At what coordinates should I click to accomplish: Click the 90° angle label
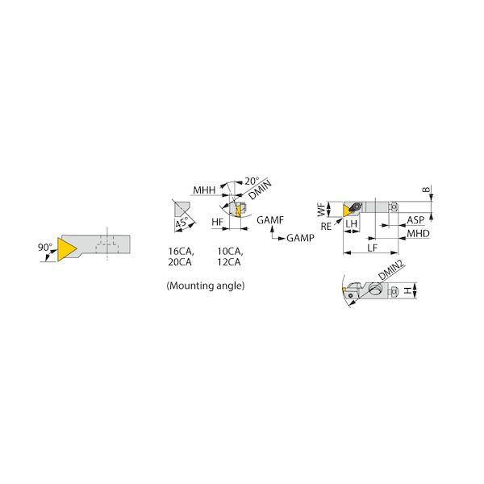45,248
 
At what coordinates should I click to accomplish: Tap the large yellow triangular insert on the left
65,249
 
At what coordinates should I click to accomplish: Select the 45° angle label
181,223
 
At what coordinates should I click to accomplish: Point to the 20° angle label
252,181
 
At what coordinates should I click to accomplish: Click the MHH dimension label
204,190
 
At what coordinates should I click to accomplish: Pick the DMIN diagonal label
261,190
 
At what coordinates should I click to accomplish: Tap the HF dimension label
217,222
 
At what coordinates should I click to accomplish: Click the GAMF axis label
270,220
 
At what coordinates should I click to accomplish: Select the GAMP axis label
300,238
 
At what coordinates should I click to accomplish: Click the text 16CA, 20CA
181,257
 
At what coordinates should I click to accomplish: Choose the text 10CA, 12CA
230,257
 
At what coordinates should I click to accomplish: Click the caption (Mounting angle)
206,286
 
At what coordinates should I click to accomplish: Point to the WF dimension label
322,209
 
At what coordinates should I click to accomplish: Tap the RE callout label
326,227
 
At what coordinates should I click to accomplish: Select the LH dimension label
351,223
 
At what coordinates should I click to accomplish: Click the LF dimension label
372,248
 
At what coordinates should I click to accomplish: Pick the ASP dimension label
415,220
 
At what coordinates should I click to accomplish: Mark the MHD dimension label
418,233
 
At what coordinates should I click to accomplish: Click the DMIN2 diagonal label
391,269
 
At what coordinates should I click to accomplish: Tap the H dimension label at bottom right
408,290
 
